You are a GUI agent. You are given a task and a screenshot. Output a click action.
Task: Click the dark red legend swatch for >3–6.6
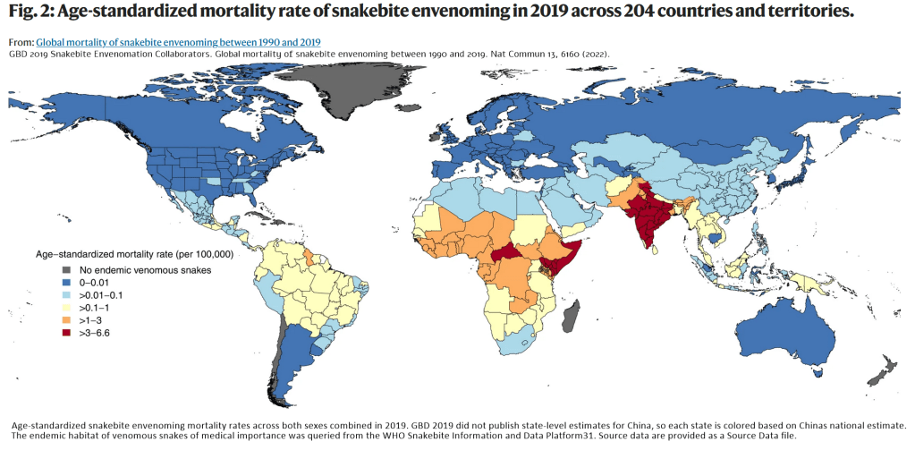coord(65,334)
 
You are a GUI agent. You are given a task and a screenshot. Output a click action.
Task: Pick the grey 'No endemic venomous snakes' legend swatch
coord(65,271)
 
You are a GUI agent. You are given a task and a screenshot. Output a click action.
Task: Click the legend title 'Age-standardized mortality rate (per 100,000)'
coord(133,254)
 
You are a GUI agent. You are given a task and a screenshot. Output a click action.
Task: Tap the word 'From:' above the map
coord(21,42)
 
